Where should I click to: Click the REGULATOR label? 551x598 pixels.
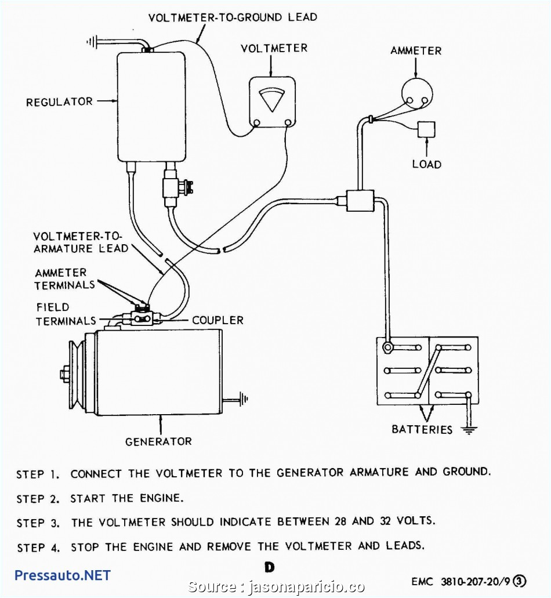(59, 102)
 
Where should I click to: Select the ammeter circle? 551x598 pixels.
(417, 93)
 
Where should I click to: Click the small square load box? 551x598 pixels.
(426, 129)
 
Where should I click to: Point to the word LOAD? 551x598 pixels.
(426, 164)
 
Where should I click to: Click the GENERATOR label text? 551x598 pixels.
(158, 441)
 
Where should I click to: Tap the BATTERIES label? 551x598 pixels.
(422, 430)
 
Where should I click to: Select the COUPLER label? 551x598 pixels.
(217, 320)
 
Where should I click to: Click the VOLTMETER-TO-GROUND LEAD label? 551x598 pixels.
(233, 17)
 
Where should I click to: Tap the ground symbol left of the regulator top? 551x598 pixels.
(92, 41)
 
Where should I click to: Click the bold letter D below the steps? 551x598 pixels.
(269, 567)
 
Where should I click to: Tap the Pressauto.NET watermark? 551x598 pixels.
(62, 575)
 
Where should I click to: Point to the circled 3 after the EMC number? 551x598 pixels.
(520, 581)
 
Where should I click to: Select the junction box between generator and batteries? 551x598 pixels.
(359, 201)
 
